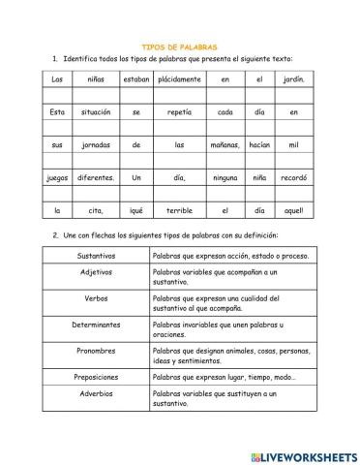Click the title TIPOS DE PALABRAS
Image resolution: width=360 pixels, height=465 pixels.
(180, 46)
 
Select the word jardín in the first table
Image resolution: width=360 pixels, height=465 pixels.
(295, 78)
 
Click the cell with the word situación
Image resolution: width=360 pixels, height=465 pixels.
(97, 111)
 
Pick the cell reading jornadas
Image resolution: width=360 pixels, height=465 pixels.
(97, 144)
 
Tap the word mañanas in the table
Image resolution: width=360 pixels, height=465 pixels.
(225, 144)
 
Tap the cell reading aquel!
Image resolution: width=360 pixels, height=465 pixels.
(295, 210)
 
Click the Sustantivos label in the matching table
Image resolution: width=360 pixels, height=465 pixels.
(97, 256)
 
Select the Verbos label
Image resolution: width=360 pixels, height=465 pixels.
(97, 297)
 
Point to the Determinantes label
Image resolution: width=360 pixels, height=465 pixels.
(97, 325)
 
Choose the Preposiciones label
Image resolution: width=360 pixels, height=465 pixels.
(97, 377)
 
